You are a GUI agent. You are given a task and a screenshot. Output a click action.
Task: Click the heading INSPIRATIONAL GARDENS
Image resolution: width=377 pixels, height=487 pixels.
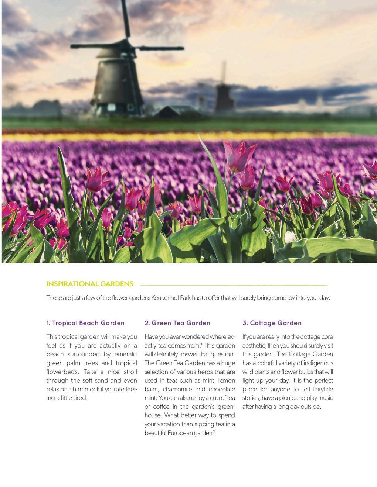tap(90, 284)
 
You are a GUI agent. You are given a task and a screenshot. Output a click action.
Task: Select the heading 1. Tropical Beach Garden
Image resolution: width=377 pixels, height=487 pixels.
tap(85, 323)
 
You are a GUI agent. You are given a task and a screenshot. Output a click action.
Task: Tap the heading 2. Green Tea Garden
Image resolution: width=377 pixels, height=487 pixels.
tap(177, 323)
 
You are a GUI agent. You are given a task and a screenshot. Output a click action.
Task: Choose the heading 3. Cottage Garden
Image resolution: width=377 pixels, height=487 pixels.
tap(272, 323)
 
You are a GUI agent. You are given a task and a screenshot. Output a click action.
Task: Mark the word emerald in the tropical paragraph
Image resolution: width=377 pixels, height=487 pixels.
tap(125, 354)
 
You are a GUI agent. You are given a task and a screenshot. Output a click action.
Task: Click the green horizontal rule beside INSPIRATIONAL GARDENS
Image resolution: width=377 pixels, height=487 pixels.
tap(234, 285)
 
